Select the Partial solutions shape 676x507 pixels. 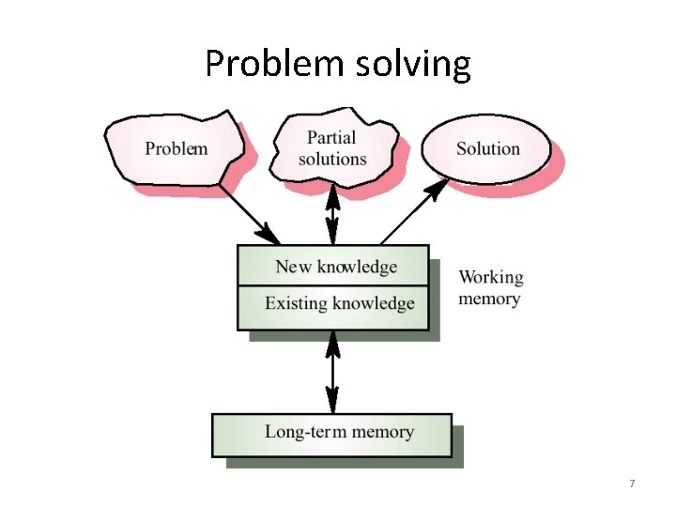(x=332, y=147)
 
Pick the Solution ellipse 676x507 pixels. (x=487, y=148)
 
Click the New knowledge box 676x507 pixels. (x=335, y=267)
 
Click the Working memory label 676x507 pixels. (x=490, y=288)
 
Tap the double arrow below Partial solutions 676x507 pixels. (x=331, y=215)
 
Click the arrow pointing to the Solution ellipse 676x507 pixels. (x=414, y=212)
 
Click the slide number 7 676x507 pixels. (x=632, y=483)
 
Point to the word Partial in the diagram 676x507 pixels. (x=331, y=138)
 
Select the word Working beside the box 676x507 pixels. (x=491, y=278)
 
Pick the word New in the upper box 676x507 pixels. (x=293, y=267)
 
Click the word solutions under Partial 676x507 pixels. (x=332, y=159)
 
